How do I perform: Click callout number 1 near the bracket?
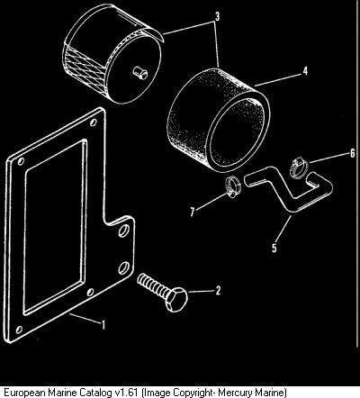click(103, 325)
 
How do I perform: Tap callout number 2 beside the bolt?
click(218, 291)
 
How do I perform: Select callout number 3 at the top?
click(217, 17)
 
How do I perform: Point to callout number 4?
click(305, 71)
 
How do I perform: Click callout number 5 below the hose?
click(274, 249)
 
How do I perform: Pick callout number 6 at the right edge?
click(352, 153)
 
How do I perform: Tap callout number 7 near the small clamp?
click(193, 212)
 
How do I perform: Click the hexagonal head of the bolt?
click(176, 299)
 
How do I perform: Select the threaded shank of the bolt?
click(152, 285)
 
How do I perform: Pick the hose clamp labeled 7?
click(233, 187)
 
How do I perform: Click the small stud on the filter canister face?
click(140, 73)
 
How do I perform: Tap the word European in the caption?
click(24, 392)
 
